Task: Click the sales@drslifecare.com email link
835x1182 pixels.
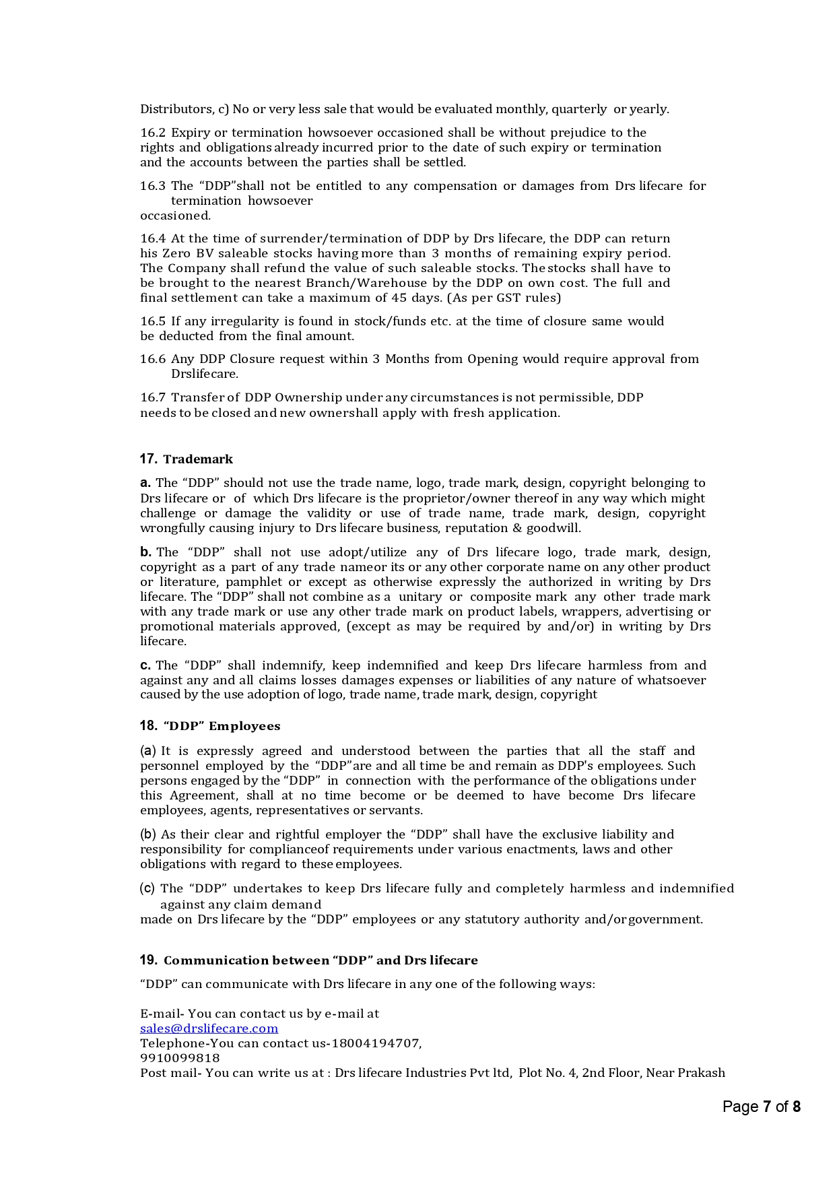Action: coord(209,1028)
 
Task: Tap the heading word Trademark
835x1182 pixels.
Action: coord(198,459)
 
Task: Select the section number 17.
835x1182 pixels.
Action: coord(148,459)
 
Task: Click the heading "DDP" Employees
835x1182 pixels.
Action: coord(222,726)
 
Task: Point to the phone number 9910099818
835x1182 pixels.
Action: coord(180,1058)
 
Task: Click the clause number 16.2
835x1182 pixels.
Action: coord(153,133)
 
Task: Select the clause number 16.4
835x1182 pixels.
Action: coord(153,238)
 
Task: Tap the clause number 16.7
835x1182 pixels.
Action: coord(153,397)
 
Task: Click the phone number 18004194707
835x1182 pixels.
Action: coord(375,1043)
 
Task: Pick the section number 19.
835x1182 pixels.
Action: coord(148,960)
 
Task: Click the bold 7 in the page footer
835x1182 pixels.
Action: coord(766,1107)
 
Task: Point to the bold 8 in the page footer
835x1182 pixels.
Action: coord(796,1107)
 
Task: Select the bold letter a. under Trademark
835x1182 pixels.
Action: coord(145,483)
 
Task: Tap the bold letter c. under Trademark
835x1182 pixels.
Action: coord(145,665)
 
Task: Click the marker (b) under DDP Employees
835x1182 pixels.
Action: coord(148,834)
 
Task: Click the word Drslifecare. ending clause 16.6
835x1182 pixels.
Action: coord(205,374)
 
